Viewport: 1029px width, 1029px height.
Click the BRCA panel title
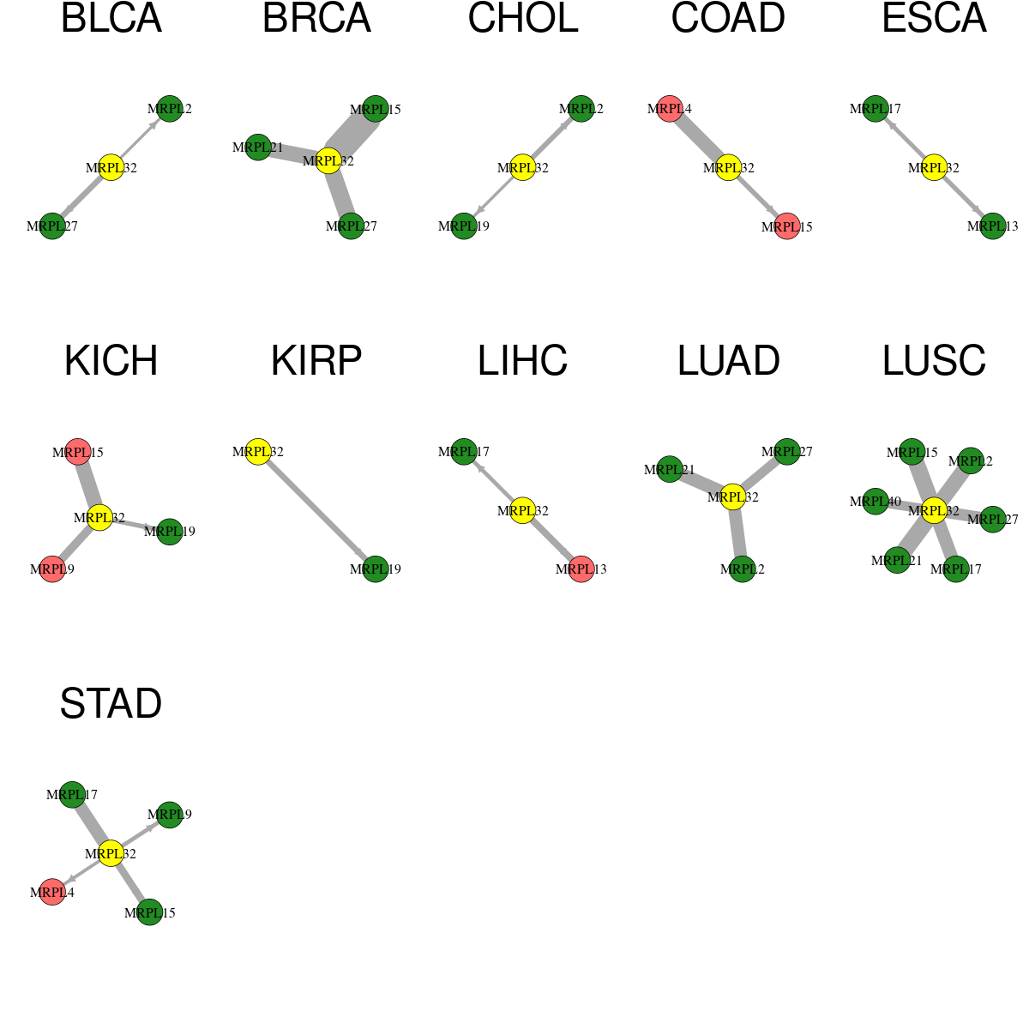click(x=316, y=18)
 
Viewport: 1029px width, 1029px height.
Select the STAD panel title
click(x=111, y=703)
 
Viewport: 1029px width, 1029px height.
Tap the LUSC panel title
click(x=934, y=360)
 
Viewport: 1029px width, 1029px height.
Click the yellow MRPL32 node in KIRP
click(x=258, y=452)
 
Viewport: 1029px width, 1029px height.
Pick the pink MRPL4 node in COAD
click(x=670, y=109)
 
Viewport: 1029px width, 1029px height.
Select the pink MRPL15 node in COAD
click(x=787, y=226)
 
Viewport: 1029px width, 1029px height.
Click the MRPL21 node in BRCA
click(x=258, y=147)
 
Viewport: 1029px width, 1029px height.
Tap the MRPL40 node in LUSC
click(x=876, y=502)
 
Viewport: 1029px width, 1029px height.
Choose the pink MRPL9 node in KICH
click(x=52, y=569)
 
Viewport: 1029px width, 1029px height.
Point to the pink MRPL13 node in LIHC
click(x=581, y=569)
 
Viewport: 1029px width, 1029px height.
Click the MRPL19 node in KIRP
click(x=376, y=569)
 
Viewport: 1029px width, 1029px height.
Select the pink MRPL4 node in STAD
click(x=52, y=893)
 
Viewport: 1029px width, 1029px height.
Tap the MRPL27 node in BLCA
click(x=52, y=226)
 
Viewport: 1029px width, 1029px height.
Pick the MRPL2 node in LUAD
click(x=743, y=569)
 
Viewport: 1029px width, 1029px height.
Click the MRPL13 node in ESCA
click(x=993, y=226)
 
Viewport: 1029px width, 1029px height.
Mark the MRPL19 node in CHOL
click(x=464, y=226)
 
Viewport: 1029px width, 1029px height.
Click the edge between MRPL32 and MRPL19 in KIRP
click(x=316, y=510)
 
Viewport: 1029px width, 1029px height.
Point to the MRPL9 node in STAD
click(x=170, y=815)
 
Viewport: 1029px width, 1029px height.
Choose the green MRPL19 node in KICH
click(x=170, y=532)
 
